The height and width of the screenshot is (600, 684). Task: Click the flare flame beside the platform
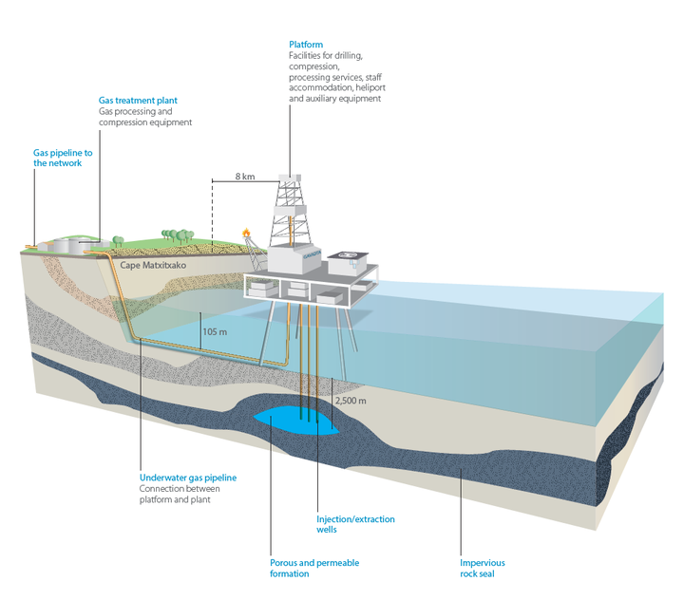point(247,231)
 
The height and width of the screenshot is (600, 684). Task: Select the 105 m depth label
point(216,332)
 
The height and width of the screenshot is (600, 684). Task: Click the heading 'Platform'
point(306,45)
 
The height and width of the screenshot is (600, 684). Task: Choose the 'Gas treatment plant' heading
point(138,100)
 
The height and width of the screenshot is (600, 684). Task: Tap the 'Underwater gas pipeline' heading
point(187,478)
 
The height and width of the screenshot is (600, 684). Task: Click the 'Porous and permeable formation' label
point(314,568)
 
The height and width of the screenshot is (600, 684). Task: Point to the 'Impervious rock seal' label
point(484,568)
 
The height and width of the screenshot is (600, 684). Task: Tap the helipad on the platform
point(353,255)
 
